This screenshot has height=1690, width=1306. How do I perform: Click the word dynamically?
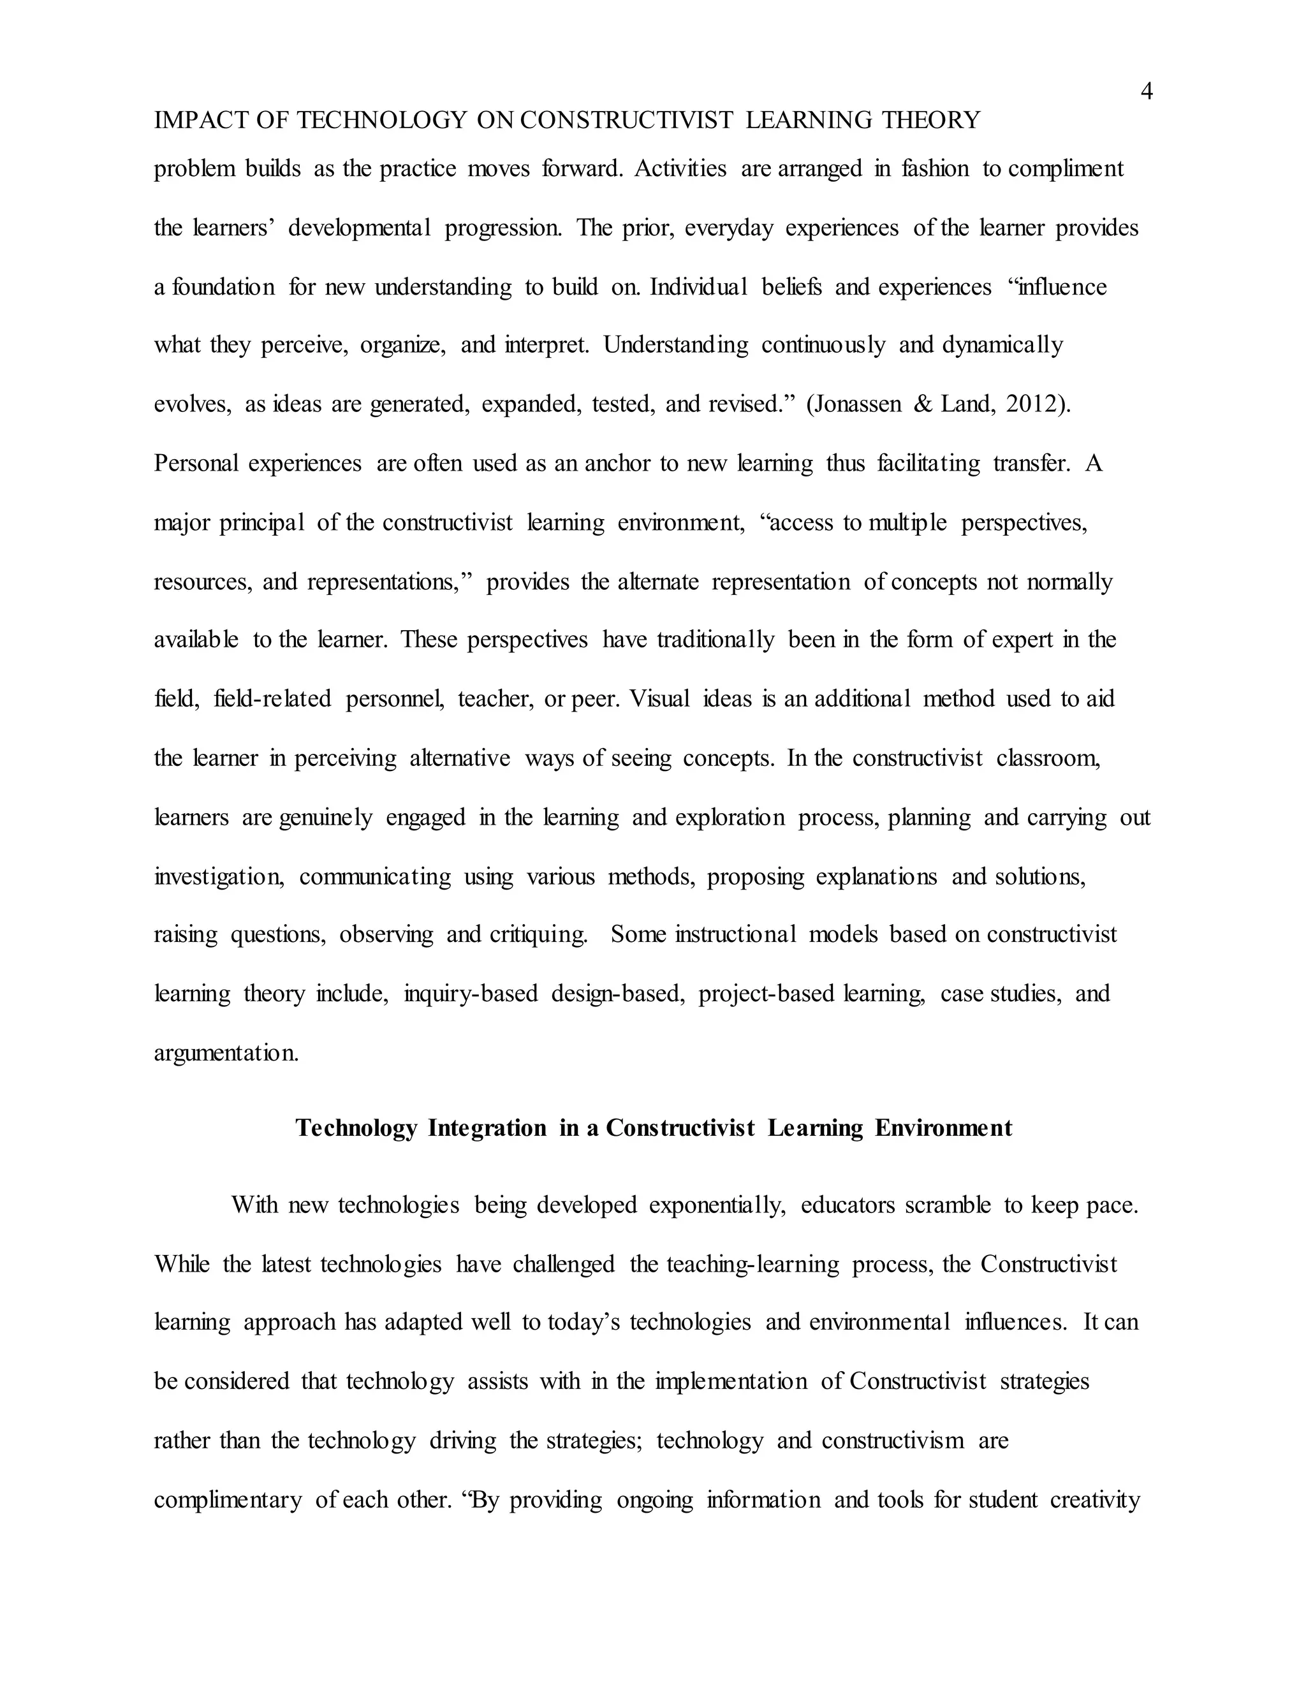click(x=1002, y=345)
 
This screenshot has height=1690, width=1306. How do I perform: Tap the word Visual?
click(x=659, y=700)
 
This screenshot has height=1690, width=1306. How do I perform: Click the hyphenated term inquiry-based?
click(x=471, y=994)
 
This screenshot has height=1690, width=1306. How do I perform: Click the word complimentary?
click(x=228, y=1501)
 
